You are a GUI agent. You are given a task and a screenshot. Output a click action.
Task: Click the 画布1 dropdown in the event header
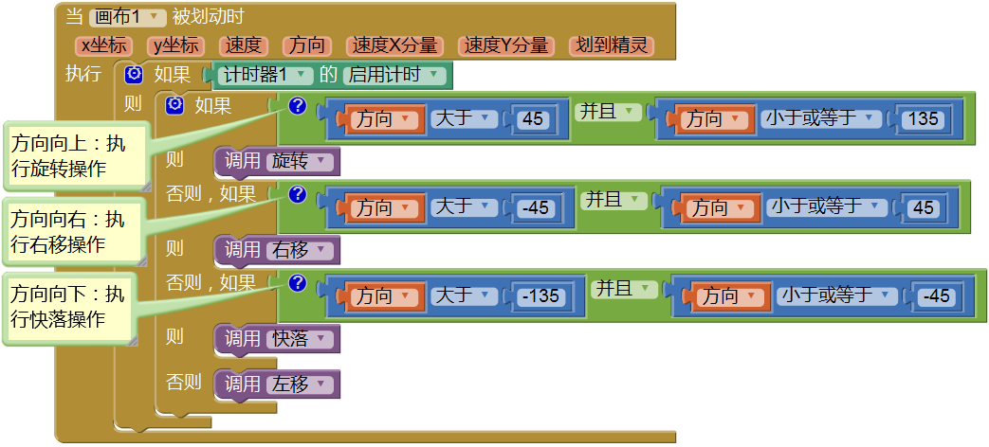click(127, 17)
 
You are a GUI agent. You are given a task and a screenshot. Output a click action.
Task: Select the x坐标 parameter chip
click(104, 45)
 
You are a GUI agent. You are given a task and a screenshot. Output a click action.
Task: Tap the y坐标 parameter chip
click(175, 45)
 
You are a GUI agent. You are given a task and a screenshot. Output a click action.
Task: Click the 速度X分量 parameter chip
click(394, 45)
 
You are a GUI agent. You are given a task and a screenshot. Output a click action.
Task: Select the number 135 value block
click(921, 118)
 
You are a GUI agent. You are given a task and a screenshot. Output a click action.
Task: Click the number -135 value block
click(540, 296)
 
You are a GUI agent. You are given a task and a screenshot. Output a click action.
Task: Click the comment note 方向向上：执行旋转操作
click(74, 155)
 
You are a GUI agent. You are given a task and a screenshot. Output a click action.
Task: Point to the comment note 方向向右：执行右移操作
click(74, 232)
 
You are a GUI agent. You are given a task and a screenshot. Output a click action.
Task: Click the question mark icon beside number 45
click(297, 106)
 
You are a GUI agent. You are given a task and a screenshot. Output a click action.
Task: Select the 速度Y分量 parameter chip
click(505, 45)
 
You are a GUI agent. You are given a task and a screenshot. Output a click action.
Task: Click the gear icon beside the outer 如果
click(134, 74)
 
